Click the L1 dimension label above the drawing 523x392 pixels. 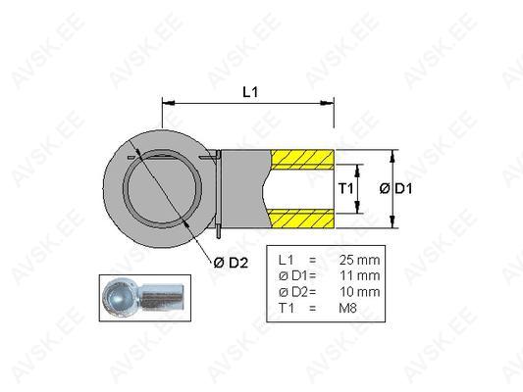pos(250,92)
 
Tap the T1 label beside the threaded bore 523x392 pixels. pos(345,189)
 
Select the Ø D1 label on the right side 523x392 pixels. pos(395,189)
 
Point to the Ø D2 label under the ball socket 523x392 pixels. pos(231,263)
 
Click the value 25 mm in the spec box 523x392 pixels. pos(359,260)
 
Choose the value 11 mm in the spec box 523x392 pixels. pos(359,275)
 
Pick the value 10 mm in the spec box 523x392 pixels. pos(359,292)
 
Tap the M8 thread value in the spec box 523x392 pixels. pos(347,308)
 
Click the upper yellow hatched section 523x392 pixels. pos(302,159)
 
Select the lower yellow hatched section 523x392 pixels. pos(302,219)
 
